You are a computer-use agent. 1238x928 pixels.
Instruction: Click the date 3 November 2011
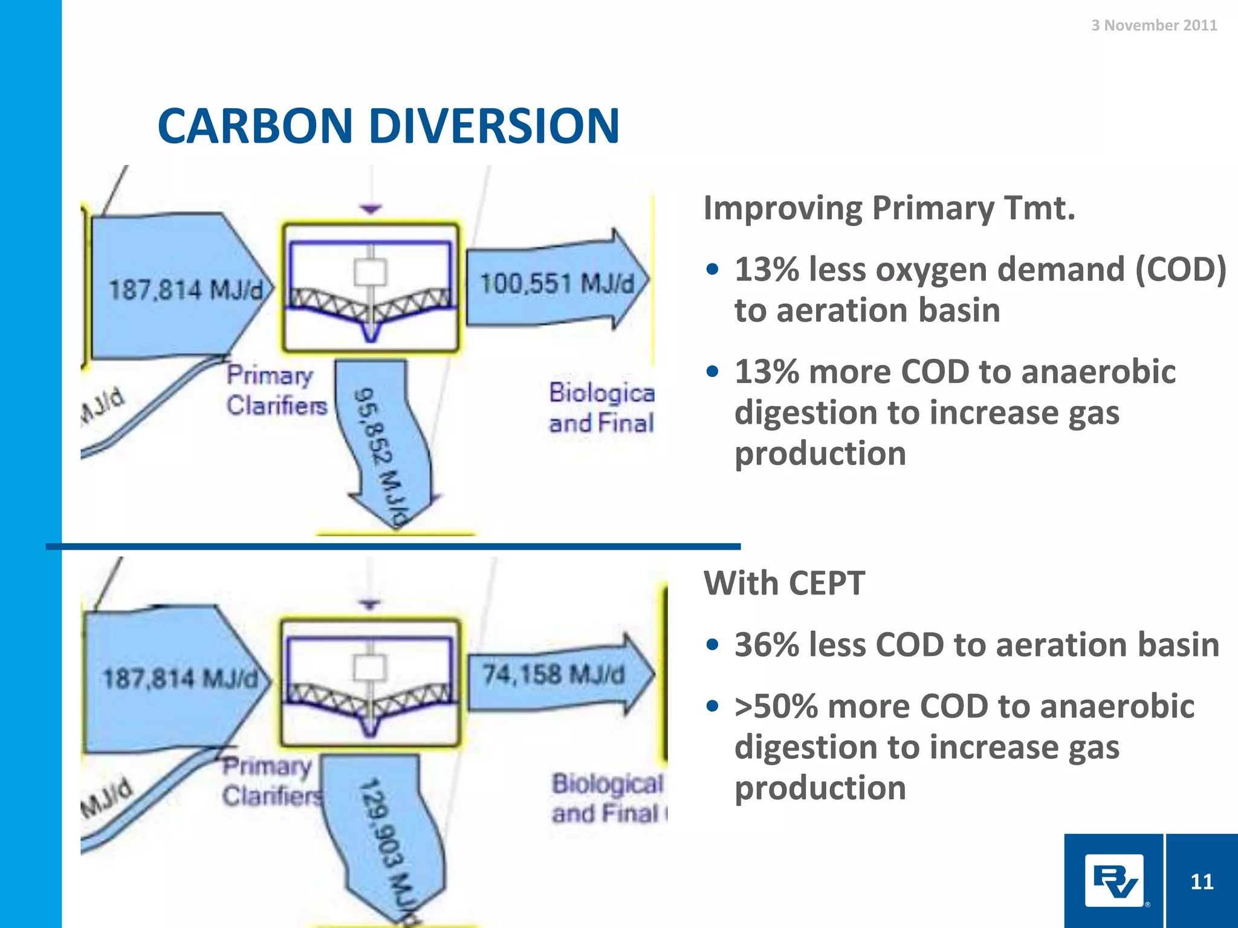tap(1153, 25)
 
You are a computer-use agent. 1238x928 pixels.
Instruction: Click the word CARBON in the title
tap(254, 126)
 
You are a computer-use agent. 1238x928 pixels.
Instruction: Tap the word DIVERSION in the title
tap(494, 126)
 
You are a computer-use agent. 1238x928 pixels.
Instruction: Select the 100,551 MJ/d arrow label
tap(556, 283)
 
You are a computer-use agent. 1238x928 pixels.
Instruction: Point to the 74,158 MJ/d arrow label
tap(553, 674)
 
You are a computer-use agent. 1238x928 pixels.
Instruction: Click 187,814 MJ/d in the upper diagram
tap(186, 289)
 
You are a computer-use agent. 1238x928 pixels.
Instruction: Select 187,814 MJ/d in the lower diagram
tap(180, 678)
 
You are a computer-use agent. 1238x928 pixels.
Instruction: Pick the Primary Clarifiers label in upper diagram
tap(276, 390)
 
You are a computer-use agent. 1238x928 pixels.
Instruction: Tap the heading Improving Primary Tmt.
tap(889, 208)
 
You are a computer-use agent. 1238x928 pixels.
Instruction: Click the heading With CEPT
tap(784, 584)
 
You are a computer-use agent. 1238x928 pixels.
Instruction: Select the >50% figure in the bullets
tap(776, 706)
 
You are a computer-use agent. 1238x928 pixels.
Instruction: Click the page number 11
tap(1201, 881)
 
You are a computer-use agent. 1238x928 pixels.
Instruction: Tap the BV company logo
tap(1114, 880)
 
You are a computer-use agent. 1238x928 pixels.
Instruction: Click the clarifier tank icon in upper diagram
tap(371, 287)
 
